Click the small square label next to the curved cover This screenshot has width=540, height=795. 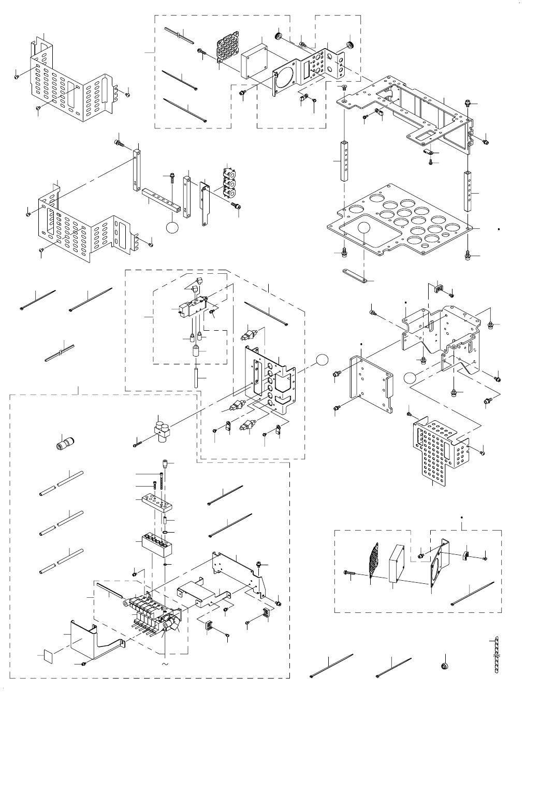(47, 656)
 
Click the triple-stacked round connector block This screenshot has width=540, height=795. (228, 182)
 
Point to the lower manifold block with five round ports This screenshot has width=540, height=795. (156, 543)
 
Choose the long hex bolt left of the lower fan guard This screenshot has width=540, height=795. (351, 572)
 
